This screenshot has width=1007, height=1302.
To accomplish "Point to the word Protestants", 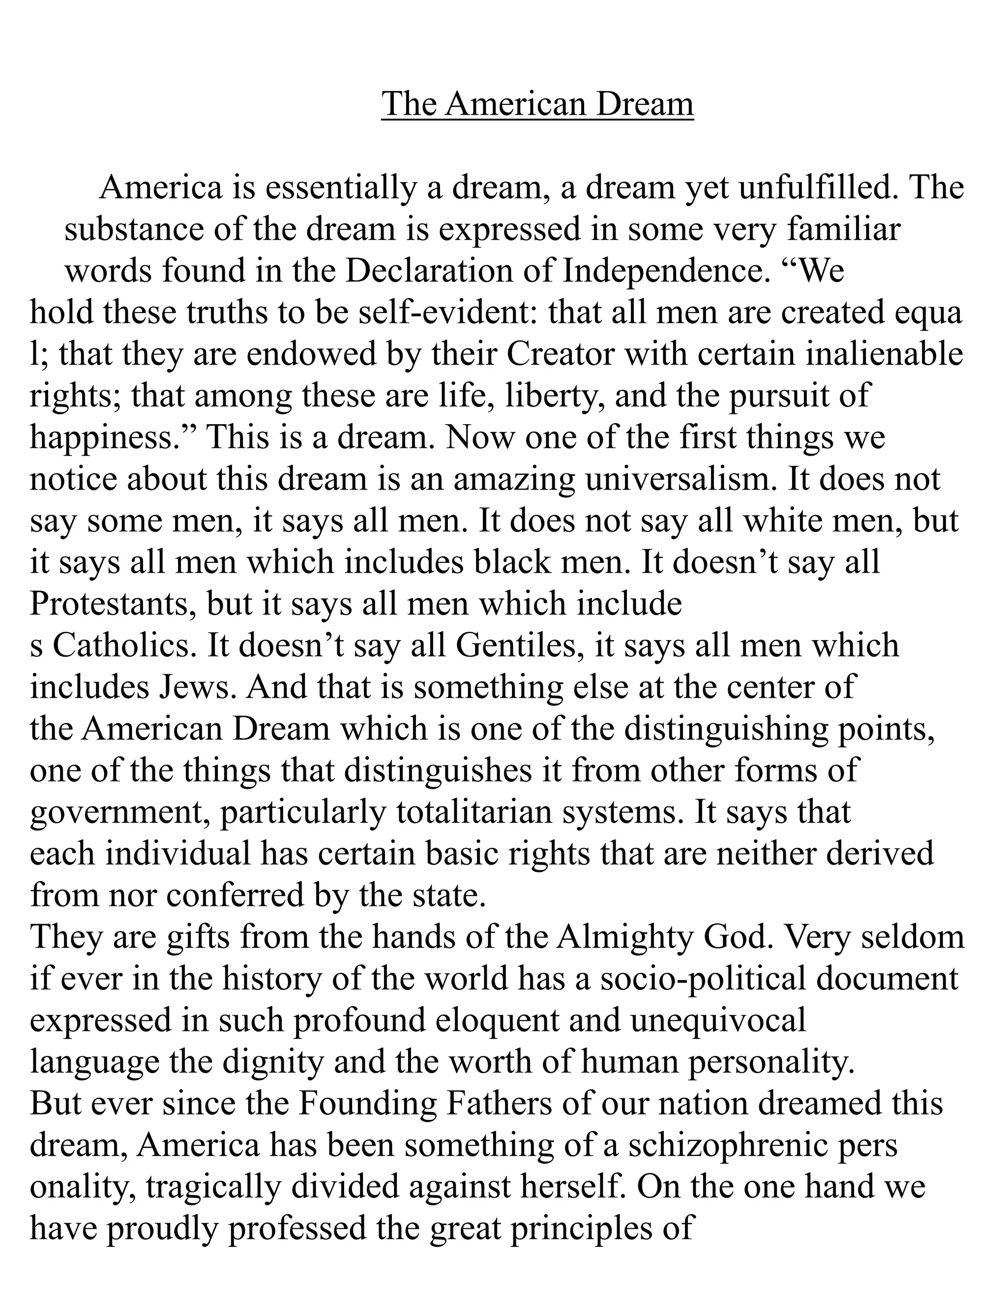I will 113,604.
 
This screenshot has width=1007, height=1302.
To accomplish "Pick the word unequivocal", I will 718,1021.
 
